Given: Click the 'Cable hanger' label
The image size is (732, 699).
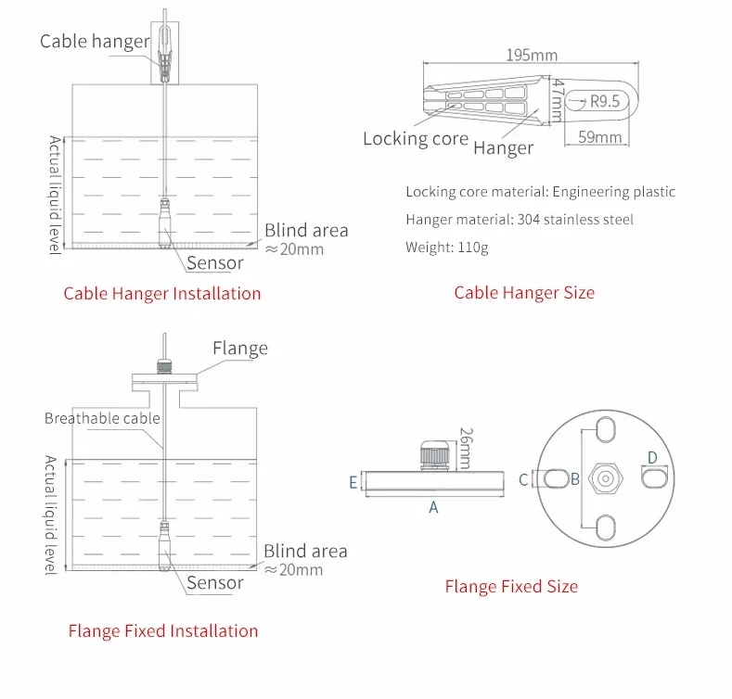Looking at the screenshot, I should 95,42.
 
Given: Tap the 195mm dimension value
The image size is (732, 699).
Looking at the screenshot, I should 532,55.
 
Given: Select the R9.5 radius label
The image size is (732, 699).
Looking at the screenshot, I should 604,102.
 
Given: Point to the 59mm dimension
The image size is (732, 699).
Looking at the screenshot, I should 598,137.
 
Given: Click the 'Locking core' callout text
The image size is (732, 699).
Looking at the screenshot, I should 416,139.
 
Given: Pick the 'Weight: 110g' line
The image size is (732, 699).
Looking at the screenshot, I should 446,248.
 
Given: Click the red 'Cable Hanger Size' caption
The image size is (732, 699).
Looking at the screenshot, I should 524,293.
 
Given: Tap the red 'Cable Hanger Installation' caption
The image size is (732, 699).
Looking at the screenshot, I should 162,294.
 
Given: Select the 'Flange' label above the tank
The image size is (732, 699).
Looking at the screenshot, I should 240,349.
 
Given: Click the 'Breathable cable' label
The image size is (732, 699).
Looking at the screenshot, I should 102,418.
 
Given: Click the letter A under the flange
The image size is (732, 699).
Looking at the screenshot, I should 432,507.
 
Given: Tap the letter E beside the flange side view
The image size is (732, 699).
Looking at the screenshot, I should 353,482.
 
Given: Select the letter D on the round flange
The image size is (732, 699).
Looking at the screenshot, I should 652,458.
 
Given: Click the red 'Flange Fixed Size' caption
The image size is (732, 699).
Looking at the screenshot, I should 511,587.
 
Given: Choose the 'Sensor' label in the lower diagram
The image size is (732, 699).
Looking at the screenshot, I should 215,583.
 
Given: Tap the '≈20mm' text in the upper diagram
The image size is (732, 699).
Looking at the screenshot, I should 294,249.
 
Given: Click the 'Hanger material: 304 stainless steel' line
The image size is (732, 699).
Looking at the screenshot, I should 520,220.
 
